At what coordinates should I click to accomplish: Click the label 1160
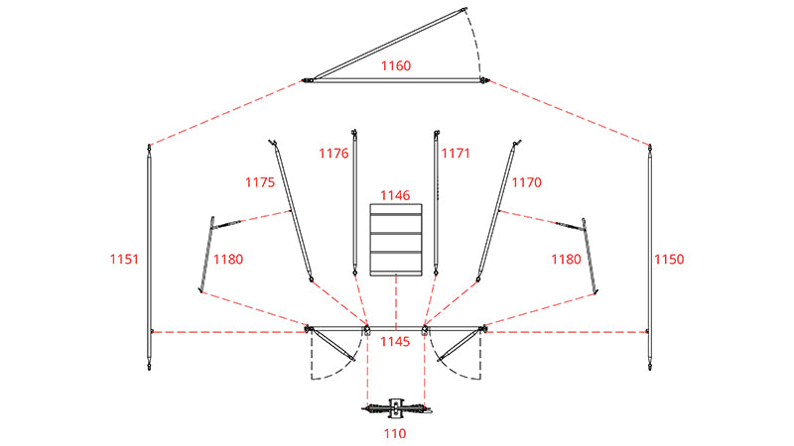[395, 65]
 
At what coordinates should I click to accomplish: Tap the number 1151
[124, 260]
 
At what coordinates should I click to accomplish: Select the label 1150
[669, 260]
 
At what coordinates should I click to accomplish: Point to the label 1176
[333, 154]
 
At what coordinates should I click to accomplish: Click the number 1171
[456, 154]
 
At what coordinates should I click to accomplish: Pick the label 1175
[260, 182]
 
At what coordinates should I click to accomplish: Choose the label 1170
[527, 182]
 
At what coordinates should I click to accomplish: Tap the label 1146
[395, 195]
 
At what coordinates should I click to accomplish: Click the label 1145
[395, 342]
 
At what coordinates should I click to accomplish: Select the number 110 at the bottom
[395, 433]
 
